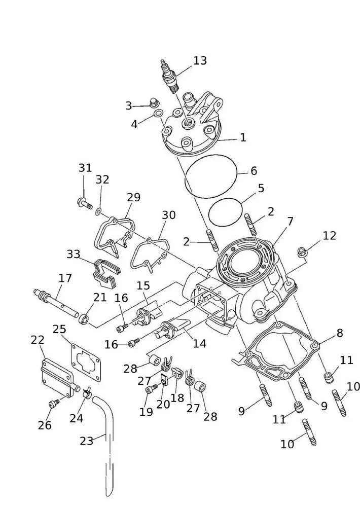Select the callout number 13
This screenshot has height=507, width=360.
point(200,61)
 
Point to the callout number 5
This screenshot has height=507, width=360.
point(261,189)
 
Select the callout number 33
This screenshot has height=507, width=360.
point(74,254)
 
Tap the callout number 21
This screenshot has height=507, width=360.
point(100,297)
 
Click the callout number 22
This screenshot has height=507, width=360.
point(38,340)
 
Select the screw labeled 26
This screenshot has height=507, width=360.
point(53,403)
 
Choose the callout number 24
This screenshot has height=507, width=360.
point(77,418)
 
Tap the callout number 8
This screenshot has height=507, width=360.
point(339,333)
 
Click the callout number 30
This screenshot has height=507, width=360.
point(168,215)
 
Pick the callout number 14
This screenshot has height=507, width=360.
point(199,344)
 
